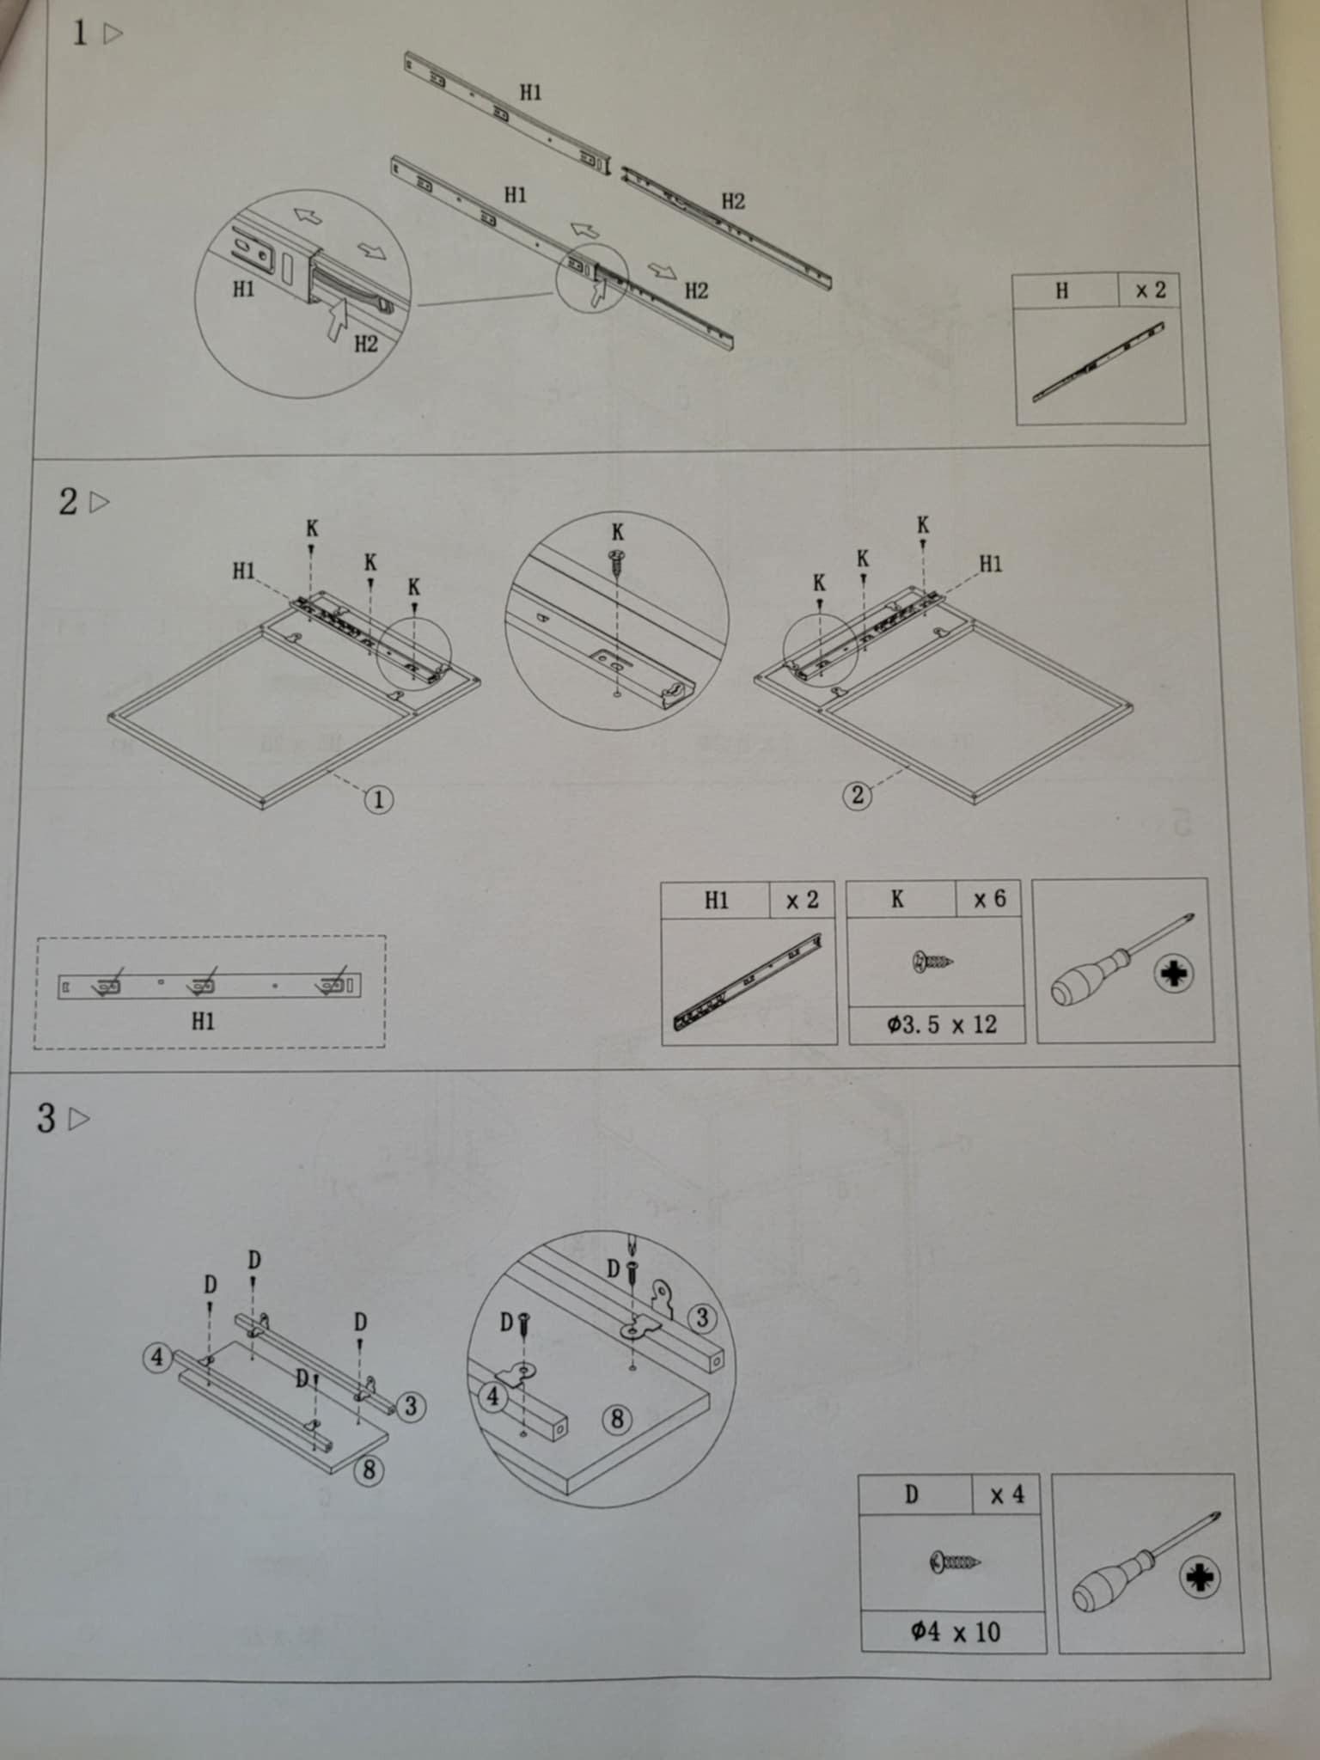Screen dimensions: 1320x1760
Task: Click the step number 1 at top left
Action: (80, 34)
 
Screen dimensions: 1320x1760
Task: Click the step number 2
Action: (68, 502)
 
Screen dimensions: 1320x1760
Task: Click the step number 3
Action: (46, 1118)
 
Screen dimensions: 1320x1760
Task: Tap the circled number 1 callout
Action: (379, 800)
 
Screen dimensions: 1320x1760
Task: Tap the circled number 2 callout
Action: (857, 795)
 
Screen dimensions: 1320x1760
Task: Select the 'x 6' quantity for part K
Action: (989, 899)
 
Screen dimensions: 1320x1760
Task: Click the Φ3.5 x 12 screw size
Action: (942, 1024)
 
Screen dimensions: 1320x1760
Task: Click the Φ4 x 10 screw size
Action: (956, 1632)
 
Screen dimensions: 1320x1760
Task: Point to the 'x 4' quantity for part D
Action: (1007, 1495)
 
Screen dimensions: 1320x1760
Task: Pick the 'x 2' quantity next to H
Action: (1151, 290)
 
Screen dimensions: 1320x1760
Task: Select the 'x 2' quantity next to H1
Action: (803, 900)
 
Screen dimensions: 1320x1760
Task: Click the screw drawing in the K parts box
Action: (932, 961)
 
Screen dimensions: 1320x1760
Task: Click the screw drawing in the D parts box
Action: (954, 1561)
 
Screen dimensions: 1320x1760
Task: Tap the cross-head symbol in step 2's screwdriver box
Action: (1174, 975)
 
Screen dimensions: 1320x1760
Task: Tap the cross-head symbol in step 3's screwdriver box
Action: (1200, 1578)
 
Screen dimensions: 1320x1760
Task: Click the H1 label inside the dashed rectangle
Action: (203, 1021)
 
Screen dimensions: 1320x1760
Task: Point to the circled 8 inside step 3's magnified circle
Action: (616, 1419)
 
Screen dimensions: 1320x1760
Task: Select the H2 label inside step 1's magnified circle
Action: (366, 344)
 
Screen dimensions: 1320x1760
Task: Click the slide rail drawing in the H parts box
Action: (1099, 362)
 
